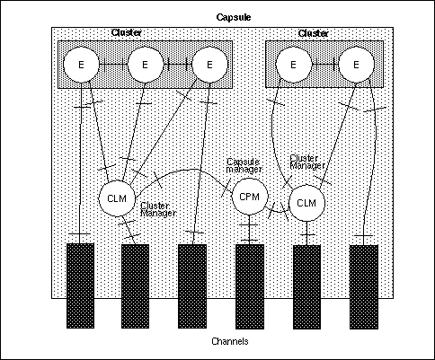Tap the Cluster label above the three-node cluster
pos(126,33)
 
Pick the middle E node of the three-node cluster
pos(144,65)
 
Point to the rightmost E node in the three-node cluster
pos(209,65)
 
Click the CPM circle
pos(248,195)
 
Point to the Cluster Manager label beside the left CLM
pos(156,209)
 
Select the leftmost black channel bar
pos(79,285)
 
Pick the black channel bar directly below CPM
pos(248,285)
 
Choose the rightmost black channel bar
pos(363,285)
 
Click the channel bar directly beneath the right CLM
pos(306,285)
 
